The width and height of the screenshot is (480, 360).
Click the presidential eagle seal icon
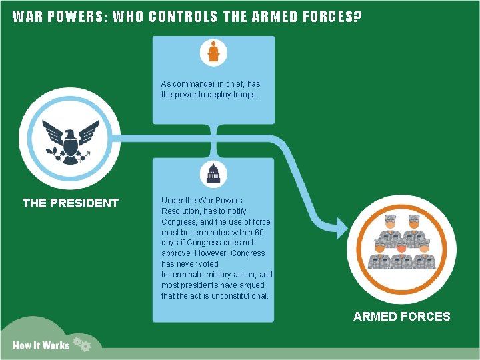pos(69,142)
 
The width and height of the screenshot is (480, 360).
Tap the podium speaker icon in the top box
pos(213,52)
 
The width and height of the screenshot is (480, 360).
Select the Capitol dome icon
pos(213,174)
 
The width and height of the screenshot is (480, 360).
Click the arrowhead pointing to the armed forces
pos(340,229)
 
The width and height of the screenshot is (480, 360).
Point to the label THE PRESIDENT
pos(71,203)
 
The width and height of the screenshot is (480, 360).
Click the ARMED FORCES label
pos(401,317)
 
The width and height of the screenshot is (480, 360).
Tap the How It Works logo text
pos(41,345)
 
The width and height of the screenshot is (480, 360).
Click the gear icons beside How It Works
pos(82,344)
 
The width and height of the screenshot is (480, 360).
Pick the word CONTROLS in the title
pos(183,17)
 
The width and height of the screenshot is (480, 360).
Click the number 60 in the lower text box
pos(259,232)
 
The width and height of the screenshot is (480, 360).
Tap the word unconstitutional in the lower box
pos(239,296)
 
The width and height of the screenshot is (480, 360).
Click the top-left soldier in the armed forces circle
pos(391,225)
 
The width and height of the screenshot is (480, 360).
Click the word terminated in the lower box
pos(205,232)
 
